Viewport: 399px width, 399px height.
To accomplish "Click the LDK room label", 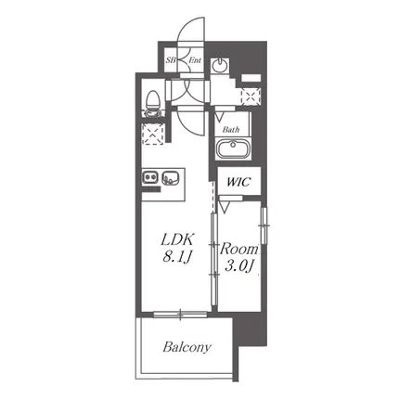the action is point(178,240).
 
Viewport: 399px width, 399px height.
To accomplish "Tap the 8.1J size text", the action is point(177,256).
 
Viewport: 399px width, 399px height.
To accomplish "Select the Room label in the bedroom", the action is point(238,249).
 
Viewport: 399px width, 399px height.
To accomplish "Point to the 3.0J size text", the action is point(239,265).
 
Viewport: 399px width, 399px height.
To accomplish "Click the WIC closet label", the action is point(238,182).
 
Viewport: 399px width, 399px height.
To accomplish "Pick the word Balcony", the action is point(187,347).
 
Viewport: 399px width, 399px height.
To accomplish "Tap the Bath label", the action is point(231,130).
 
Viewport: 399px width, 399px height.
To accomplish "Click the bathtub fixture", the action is point(233,148).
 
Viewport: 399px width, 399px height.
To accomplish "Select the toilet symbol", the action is point(152,103).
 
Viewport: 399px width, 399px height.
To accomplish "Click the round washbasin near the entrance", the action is point(220,65).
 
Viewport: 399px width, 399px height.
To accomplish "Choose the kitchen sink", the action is point(170,177).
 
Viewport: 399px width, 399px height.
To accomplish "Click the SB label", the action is point(170,60).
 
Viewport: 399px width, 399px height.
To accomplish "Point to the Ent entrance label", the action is point(195,60).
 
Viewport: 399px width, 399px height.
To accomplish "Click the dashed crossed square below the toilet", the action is point(152,134).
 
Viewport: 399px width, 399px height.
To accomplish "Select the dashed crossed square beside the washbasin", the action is point(251,96).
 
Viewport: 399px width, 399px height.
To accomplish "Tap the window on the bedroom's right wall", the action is point(264,225).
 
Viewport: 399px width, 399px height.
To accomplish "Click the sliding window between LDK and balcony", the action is point(181,315).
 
